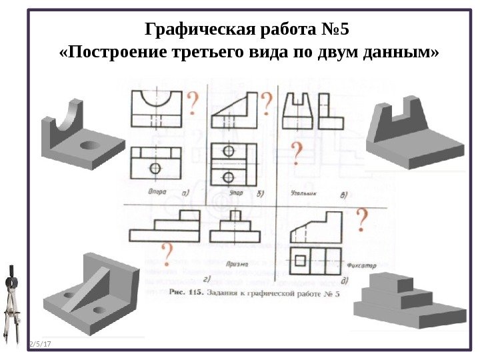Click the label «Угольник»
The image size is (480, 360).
[x=303, y=193]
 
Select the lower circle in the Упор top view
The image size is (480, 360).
[x=229, y=177]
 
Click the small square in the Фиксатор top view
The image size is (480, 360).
[x=301, y=259]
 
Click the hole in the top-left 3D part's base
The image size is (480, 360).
[x=89, y=145]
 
